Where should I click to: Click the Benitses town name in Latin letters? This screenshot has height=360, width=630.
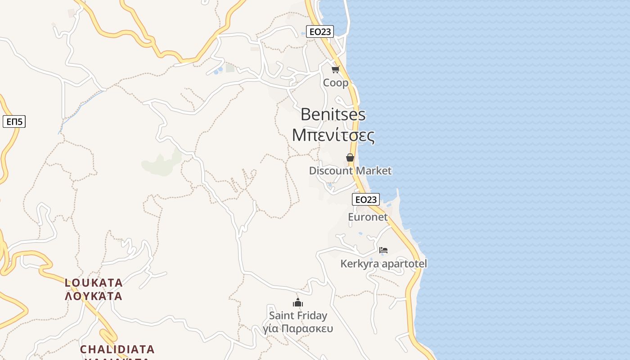(x=333, y=114)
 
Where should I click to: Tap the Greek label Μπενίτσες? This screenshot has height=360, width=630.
(x=333, y=135)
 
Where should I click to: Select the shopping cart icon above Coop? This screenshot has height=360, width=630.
(x=335, y=69)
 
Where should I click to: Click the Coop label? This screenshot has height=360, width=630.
(x=336, y=83)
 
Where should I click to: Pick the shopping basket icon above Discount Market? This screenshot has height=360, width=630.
(x=350, y=157)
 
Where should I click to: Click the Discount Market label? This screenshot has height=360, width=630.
(x=350, y=171)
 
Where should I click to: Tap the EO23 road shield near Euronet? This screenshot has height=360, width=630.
(x=365, y=199)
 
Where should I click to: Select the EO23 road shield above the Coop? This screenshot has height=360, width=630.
(x=320, y=31)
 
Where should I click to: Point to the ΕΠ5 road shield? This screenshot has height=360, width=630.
(x=14, y=121)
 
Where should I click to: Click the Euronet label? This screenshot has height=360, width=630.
(x=368, y=217)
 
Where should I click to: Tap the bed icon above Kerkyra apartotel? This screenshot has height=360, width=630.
(x=383, y=250)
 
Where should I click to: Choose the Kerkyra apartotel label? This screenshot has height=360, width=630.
(x=383, y=264)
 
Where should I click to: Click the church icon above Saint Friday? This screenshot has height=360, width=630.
(x=298, y=302)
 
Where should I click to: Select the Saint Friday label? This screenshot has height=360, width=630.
(x=298, y=315)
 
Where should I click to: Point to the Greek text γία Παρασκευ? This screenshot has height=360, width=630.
(x=298, y=328)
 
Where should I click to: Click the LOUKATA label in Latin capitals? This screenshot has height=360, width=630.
(x=94, y=283)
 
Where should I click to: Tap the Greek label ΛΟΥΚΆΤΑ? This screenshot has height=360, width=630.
(x=94, y=296)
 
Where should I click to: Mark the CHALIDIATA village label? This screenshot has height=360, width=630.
(x=117, y=349)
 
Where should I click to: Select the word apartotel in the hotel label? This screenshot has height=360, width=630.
(x=403, y=264)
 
